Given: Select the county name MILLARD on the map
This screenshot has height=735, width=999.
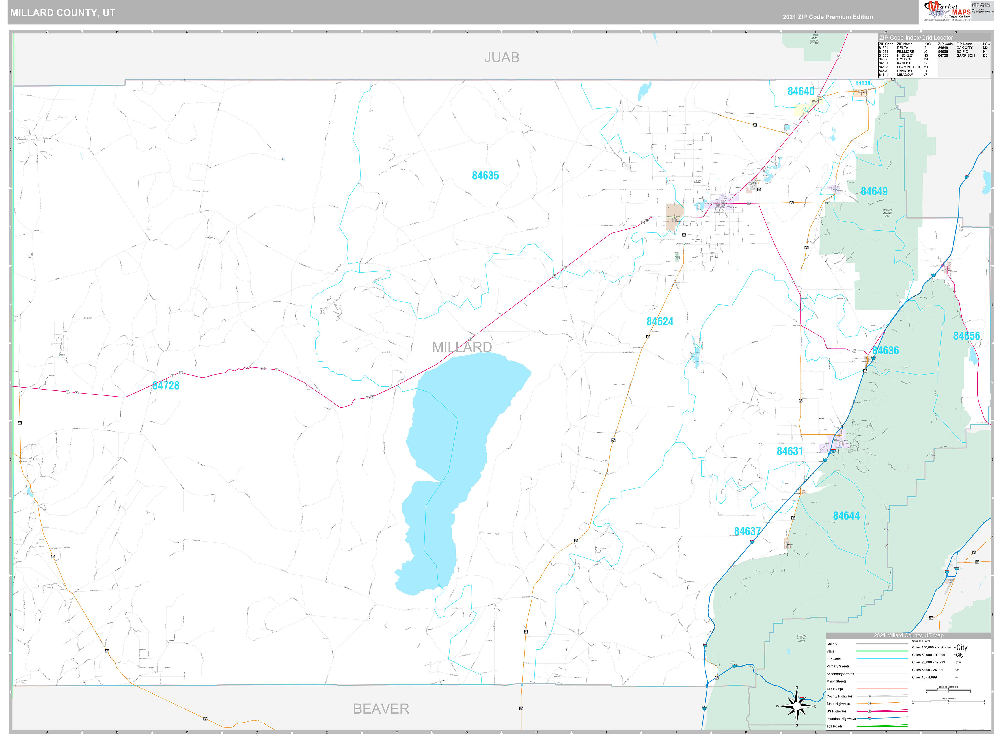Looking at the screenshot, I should click(x=462, y=347).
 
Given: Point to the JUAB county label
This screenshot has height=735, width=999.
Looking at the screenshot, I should click(x=502, y=57).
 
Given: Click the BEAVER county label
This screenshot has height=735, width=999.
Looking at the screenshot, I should click(x=381, y=709).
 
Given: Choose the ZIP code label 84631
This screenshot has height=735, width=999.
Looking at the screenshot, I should click(x=789, y=451).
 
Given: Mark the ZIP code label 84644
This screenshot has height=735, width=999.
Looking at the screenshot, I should click(x=846, y=516).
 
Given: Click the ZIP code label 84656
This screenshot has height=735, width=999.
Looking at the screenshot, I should click(x=966, y=336).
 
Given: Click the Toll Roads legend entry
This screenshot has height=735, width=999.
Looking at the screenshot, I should click(x=834, y=727).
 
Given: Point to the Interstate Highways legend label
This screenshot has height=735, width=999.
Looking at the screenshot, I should click(x=841, y=719).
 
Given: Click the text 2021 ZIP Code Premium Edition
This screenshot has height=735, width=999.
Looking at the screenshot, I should click(x=828, y=17).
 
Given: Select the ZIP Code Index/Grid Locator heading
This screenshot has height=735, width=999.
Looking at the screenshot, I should click(x=916, y=38).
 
